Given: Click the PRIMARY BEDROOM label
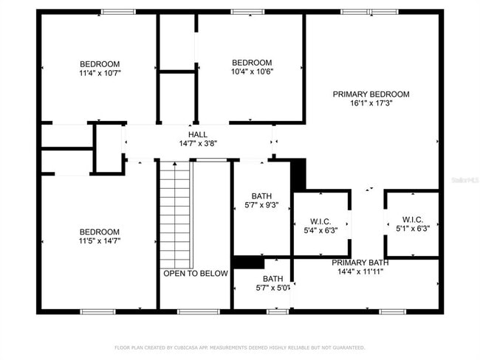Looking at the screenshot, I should click(371, 94).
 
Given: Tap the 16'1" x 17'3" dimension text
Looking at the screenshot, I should click(371, 104).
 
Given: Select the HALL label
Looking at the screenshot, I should click(197, 134).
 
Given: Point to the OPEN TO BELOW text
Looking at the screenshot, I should click(196, 274).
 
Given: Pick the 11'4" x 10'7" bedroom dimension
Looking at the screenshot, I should click(100, 74).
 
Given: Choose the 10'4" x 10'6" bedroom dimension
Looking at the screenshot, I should click(252, 72).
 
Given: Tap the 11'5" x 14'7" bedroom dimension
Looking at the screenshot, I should click(100, 240).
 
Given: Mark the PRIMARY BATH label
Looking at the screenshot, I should click(360, 263).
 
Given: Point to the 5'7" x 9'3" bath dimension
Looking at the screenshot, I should click(261, 205).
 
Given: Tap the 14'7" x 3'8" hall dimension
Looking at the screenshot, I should click(197, 143).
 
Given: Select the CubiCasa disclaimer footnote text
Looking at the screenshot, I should click(239, 347).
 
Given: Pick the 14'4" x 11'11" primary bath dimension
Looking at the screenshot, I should click(360, 271).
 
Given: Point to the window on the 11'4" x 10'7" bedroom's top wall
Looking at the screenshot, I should click(118, 12).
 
